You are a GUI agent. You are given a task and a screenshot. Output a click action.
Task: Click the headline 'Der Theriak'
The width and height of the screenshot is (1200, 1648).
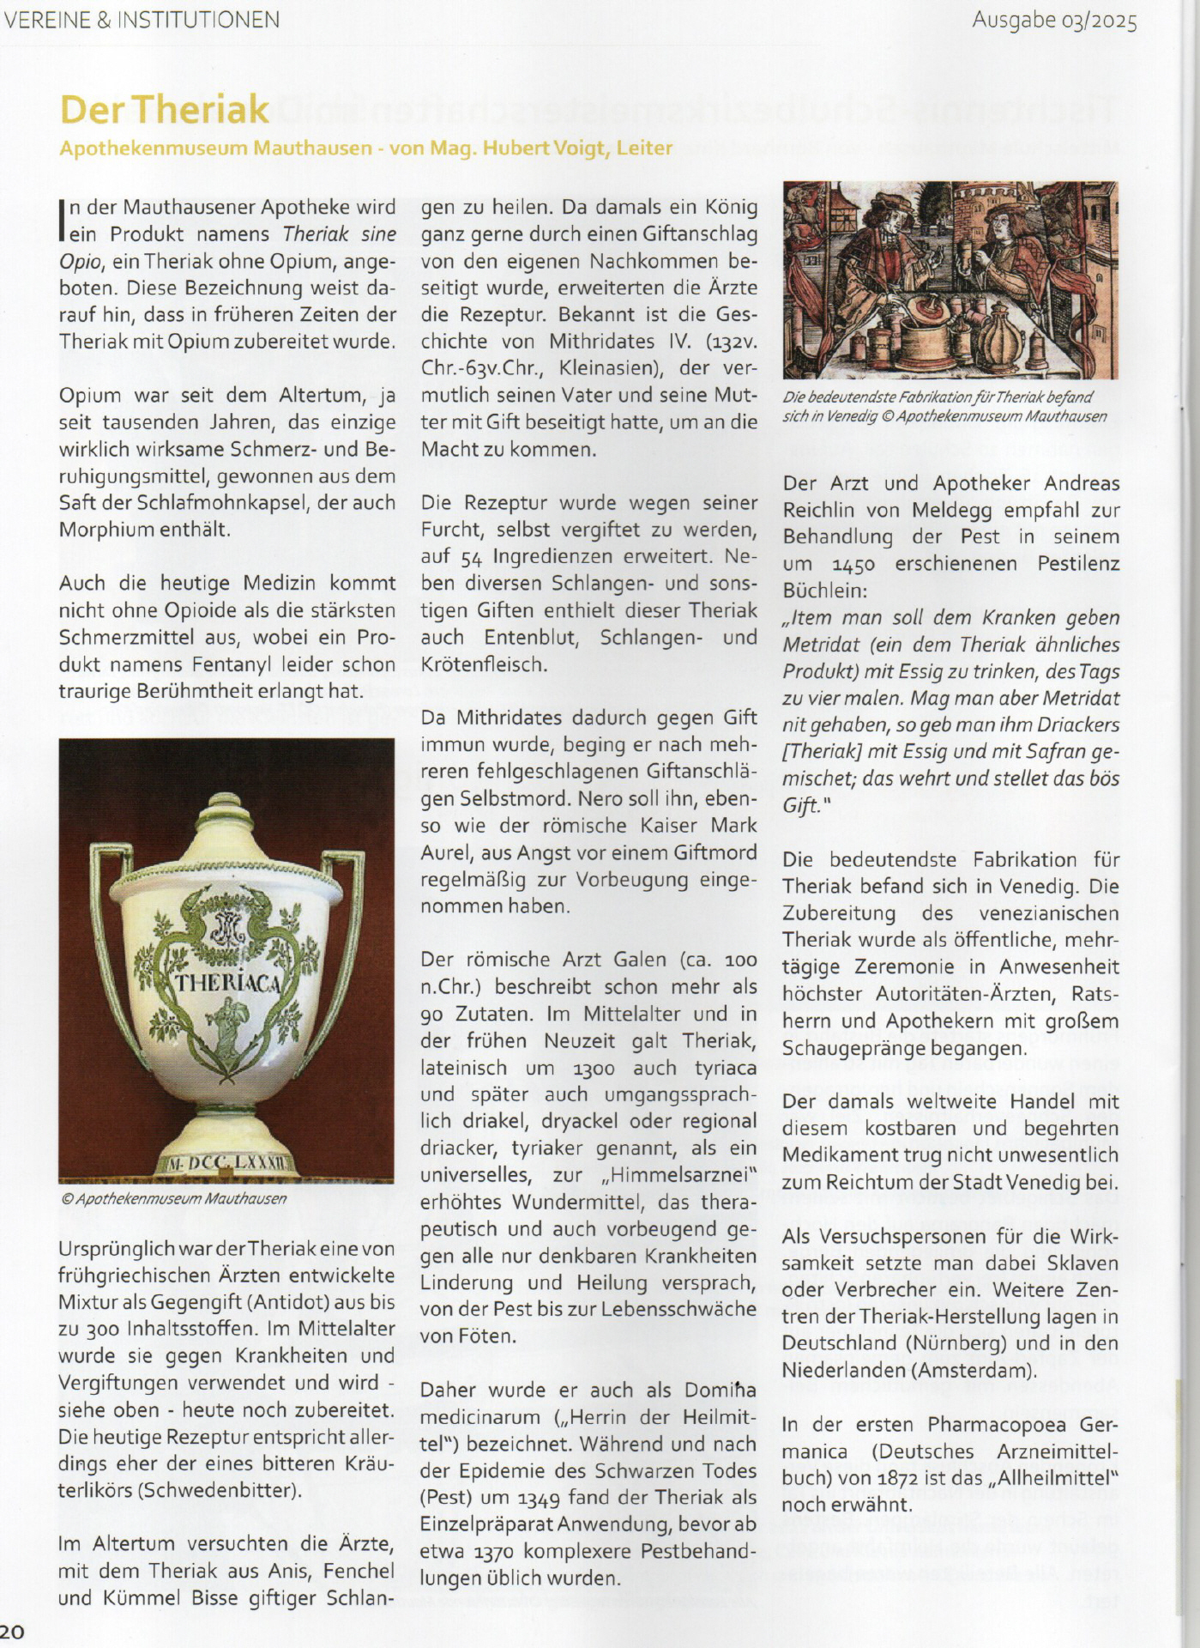point(165,109)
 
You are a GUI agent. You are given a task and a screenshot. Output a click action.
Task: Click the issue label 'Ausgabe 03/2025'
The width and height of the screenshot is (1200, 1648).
point(1054,21)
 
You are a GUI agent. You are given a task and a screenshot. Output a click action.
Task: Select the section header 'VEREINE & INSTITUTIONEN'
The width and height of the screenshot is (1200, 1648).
point(142,19)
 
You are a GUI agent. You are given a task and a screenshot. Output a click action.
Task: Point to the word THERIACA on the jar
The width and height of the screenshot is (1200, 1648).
point(227,983)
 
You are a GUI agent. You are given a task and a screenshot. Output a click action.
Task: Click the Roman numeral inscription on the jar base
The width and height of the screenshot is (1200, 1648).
point(226,1163)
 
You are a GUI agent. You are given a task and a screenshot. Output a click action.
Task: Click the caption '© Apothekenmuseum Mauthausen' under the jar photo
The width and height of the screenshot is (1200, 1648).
point(173,1198)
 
